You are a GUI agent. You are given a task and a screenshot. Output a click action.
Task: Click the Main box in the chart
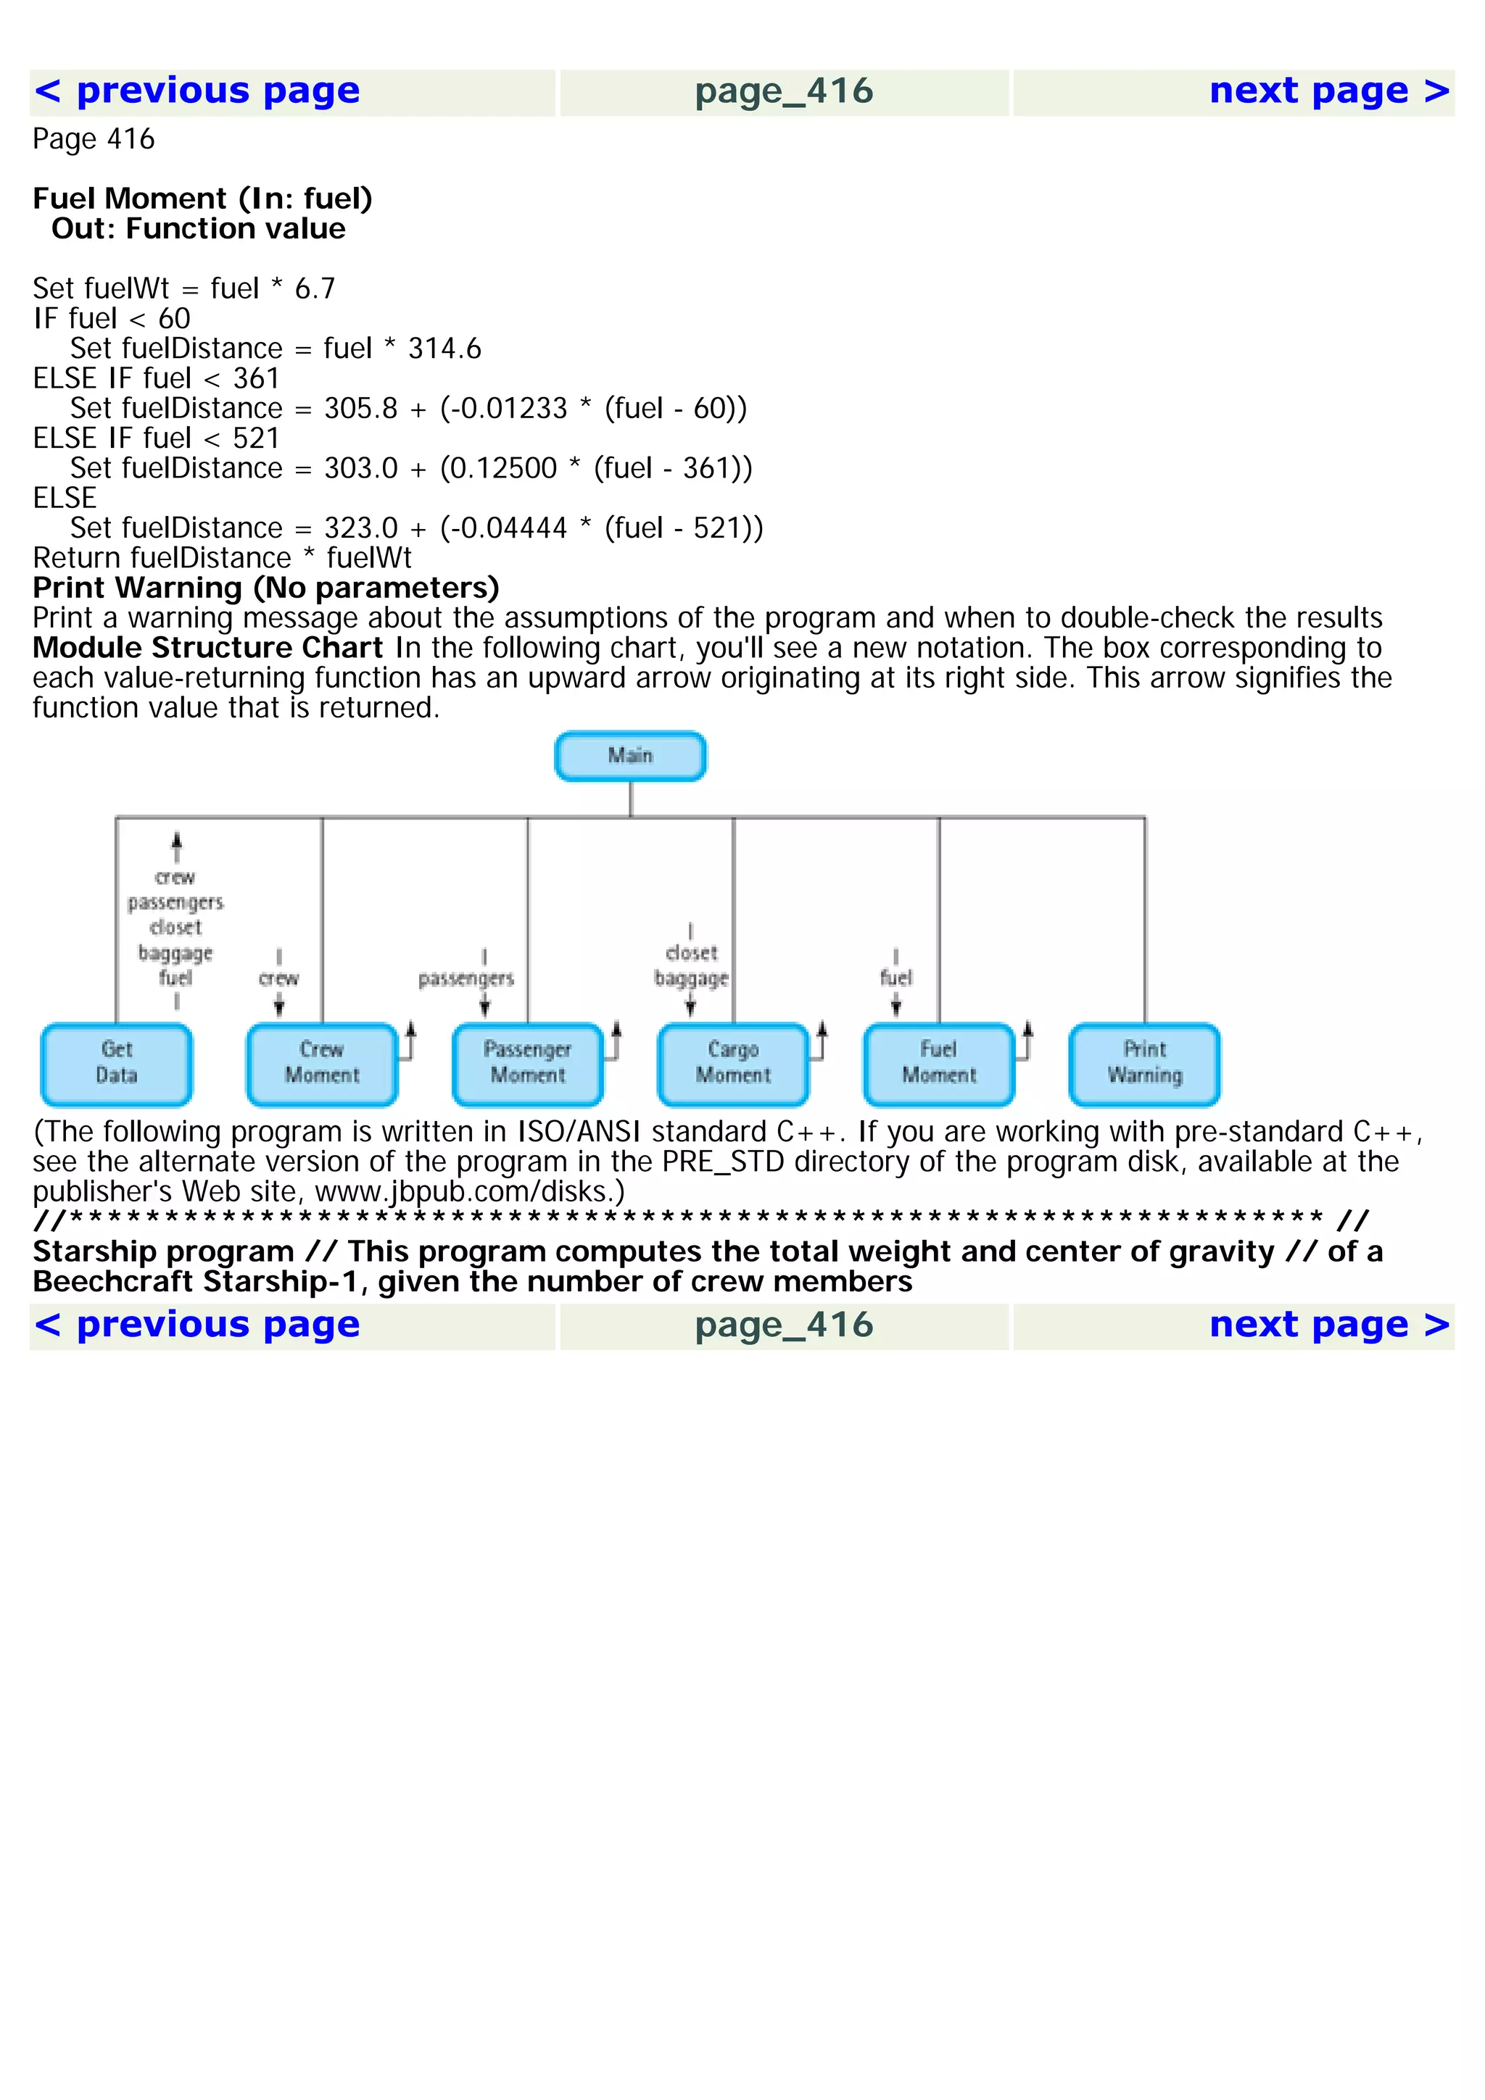(x=629, y=756)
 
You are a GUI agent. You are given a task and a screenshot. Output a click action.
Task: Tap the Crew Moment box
(x=322, y=1063)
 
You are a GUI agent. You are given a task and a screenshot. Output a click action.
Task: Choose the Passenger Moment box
(x=528, y=1063)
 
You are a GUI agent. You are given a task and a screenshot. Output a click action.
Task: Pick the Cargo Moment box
(x=733, y=1063)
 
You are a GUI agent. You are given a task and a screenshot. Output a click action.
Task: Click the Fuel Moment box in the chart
(x=939, y=1063)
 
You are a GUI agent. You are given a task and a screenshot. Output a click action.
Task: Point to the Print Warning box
(x=1145, y=1063)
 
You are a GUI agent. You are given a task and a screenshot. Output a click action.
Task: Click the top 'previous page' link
(x=197, y=91)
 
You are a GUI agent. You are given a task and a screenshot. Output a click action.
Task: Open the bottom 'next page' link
(x=1328, y=1325)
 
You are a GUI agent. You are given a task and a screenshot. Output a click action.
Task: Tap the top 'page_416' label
(x=784, y=91)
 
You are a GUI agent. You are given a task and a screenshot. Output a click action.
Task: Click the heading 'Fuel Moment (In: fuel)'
(x=202, y=199)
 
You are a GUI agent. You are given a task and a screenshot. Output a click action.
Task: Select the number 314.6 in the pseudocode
(x=444, y=349)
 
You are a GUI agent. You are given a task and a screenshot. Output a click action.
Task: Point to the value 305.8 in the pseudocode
(x=360, y=408)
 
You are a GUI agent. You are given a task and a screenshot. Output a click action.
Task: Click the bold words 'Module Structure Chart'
(x=207, y=648)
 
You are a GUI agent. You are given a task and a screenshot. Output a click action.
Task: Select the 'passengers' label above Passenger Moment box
(x=466, y=979)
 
